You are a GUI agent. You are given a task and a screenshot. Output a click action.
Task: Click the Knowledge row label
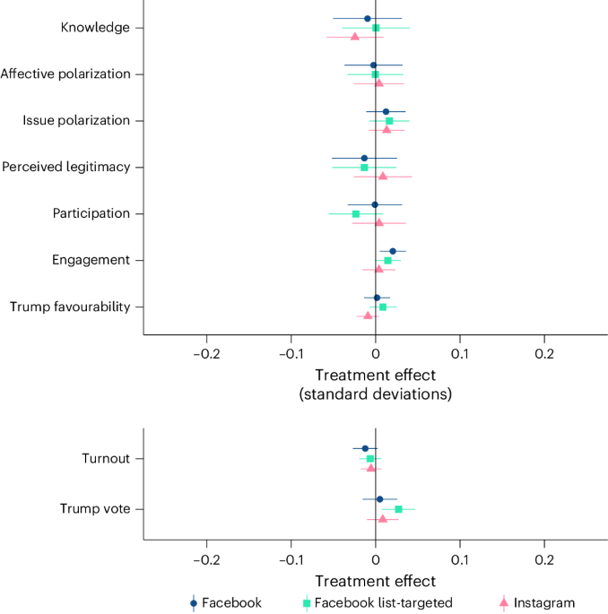point(95,27)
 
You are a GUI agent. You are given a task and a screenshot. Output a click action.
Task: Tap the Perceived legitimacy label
point(66,167)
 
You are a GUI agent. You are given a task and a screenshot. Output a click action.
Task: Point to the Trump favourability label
point(70,307)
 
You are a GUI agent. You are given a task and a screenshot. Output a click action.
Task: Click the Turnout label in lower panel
point(106,458)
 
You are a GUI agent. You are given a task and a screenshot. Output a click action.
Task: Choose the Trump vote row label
point(95,508)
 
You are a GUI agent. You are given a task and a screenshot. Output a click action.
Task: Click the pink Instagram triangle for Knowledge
point(354,37)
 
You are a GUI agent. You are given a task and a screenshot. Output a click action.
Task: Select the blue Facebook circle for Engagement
point(393,251)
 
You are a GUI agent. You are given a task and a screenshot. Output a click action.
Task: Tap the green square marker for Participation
point(356,214)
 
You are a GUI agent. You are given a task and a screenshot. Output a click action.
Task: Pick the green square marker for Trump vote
point(398,509)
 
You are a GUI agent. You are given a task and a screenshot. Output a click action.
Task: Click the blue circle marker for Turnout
point(365,448)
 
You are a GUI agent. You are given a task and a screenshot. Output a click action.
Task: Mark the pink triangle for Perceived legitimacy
point(383,176)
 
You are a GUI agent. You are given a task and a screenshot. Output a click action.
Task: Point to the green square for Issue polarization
point(389,121)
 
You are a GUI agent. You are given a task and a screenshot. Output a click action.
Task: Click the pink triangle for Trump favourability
point(368,316)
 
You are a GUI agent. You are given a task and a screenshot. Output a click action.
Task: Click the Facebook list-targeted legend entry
point(377,603)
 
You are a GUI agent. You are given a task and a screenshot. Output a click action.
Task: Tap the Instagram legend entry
point(538,603)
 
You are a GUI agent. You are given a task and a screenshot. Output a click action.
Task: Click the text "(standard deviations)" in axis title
point(375,393)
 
